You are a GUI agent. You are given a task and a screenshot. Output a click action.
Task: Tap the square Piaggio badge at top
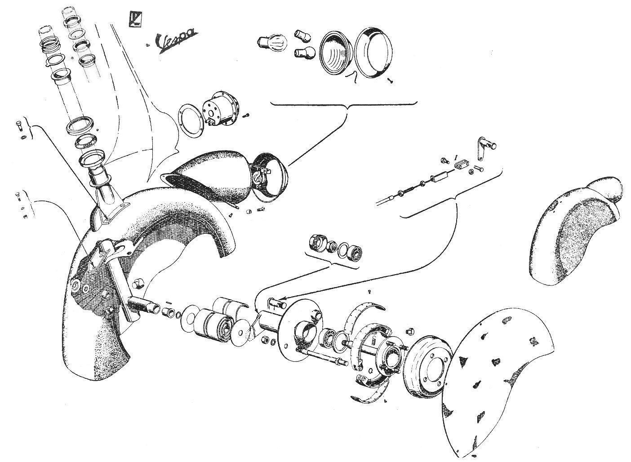pyautogui.click(x=135, y=19)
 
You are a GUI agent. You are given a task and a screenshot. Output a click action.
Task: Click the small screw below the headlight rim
pyautogui.click(x=390, y=81)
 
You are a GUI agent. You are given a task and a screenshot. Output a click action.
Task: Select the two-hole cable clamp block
pyautogui.click(x=460, y=165)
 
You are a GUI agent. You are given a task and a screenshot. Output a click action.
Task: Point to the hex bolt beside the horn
pyautogui.click(x=246, y=115)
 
